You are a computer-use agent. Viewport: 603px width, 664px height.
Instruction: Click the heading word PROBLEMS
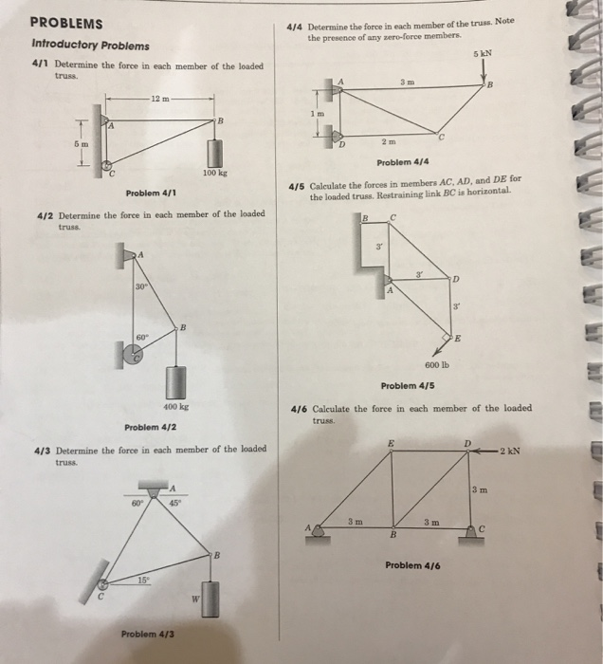(66, 24)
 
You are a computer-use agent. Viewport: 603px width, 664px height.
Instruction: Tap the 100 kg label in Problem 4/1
(213, 174)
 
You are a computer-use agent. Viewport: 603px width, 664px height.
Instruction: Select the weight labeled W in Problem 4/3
(210, 598)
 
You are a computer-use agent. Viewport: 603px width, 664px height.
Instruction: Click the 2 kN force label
(516, 450)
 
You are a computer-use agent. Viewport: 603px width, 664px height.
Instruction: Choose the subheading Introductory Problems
(89, 46)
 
